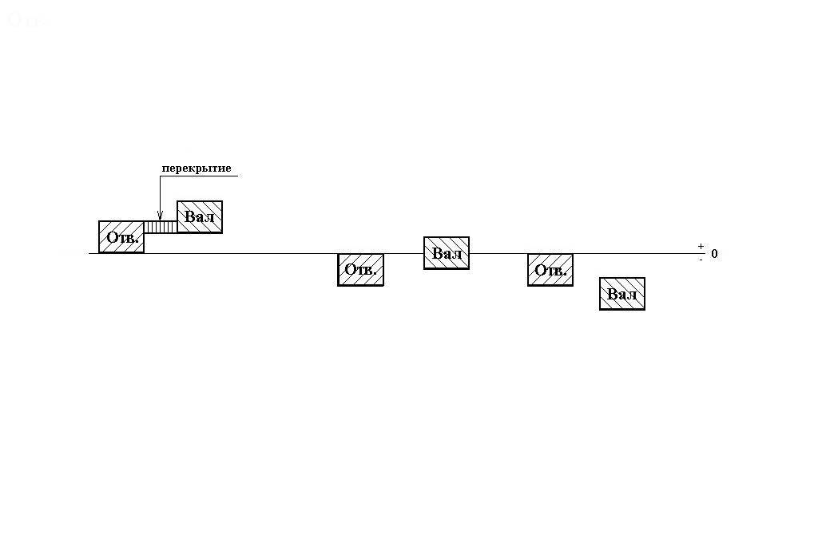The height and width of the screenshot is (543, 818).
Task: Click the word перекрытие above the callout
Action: pos(196,168)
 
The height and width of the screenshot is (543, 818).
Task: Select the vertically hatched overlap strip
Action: pos(161,227)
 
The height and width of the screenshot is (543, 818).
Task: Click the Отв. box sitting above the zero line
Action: pos(121,237)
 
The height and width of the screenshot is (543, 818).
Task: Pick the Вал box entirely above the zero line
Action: pos(200,216)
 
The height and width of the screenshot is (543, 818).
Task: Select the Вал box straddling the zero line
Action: pos(447,252)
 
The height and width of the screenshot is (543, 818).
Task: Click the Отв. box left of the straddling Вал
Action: pos(360,270)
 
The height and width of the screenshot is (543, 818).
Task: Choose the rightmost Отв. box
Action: pos(550,270)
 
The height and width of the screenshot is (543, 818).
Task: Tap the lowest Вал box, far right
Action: pos(622,293)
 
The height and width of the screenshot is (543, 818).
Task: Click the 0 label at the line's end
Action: pos(714,254)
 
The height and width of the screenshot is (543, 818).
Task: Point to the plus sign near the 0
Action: pos(701,247)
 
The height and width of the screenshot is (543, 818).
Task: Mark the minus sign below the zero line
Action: pos(701,260)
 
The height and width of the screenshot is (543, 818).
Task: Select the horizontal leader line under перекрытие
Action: pos(200,176)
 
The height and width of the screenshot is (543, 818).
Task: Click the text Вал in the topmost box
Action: pos(200,216)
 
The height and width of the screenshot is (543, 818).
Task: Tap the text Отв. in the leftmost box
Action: pos(122,238)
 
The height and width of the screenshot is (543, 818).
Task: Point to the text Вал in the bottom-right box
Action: pos(622,295)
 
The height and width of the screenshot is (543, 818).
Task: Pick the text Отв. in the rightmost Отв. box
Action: pos(550,271)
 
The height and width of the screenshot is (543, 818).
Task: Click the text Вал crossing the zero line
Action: pos(447,254)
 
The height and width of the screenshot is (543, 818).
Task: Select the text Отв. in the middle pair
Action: pos(360,271)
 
